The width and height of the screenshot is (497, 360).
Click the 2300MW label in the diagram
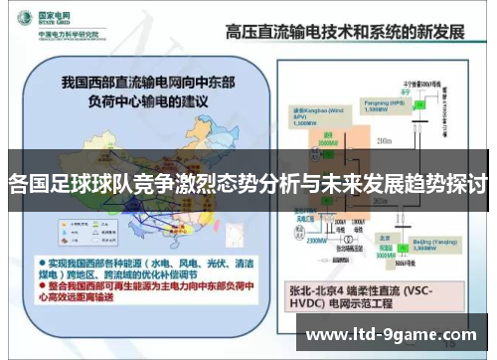[316, 240]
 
